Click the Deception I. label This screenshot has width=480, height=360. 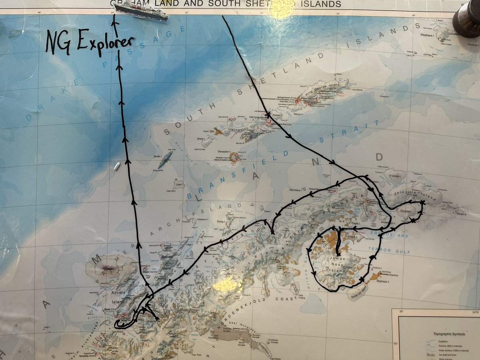[224, 152]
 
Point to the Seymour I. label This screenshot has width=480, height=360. [382, 282]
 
